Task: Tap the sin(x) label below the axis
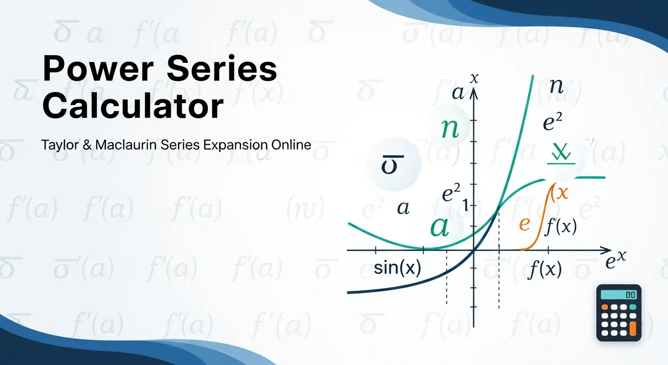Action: click(x=397, y=269)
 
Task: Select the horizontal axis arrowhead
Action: click(x=607, y=250)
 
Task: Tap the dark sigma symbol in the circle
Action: click(x=393, y=165)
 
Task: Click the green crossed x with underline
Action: click(x=561, y=153)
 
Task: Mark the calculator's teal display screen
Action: click(x=619, y=295)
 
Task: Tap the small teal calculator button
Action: click(x=632, y=307)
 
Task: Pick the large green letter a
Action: click(x=439, y=227)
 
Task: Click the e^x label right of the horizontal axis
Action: click(x=616, y=261)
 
